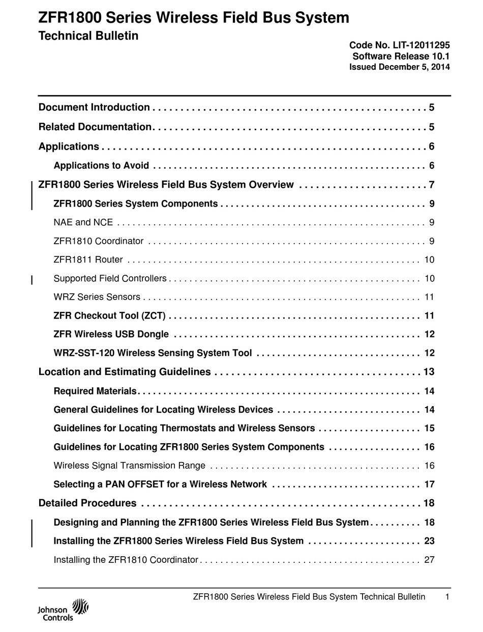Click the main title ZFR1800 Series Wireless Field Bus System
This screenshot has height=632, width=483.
click(194, 18)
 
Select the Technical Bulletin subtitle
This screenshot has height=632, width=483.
click(88, 36)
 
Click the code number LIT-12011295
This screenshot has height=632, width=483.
click(399, 45)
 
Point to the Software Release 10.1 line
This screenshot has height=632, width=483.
click(401, 56)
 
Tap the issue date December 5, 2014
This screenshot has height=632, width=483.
click(399, 67)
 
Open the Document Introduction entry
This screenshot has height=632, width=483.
click(94, 107)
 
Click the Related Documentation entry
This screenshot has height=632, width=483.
click(95, 127)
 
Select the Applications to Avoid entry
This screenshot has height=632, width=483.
click(101, 165)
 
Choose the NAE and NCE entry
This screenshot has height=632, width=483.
click(83, 222)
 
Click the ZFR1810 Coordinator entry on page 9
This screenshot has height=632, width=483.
click(98, 241)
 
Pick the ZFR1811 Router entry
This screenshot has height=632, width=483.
click(88, 260)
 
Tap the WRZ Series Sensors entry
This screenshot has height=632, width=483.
click(97, 297)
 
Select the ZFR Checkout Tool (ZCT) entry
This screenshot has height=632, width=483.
click(109, 316)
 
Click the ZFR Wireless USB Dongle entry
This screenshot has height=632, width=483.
click(111, 334)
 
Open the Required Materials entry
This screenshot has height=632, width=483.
click(95, 391)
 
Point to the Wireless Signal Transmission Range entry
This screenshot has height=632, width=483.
click(129, 466)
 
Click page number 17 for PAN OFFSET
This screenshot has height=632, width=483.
click(429, 484)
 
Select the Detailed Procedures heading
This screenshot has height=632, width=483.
click(87, 503)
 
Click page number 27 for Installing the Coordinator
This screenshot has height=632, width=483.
click(429, 560)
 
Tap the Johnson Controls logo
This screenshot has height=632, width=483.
click(63, 610)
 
